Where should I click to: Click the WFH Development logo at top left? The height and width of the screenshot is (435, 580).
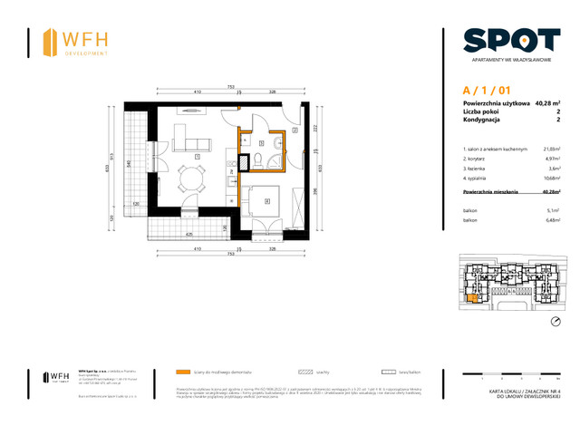point(78,42)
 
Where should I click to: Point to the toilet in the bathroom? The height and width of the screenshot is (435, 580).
point(260,160)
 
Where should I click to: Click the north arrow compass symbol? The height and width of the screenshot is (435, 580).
point(555,321)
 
